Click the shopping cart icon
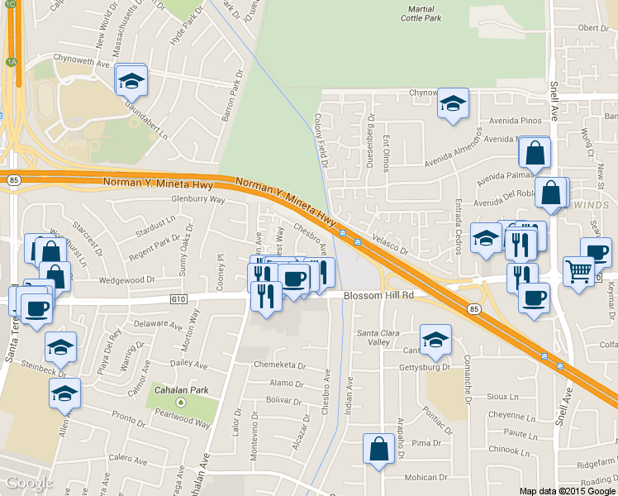coord(579,269)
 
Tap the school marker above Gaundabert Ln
coord(131,80)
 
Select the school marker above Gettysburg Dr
coord(436,338)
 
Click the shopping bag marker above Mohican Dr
coord(378,450)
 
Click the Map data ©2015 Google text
coord(568,490)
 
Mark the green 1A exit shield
coord(11,62)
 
